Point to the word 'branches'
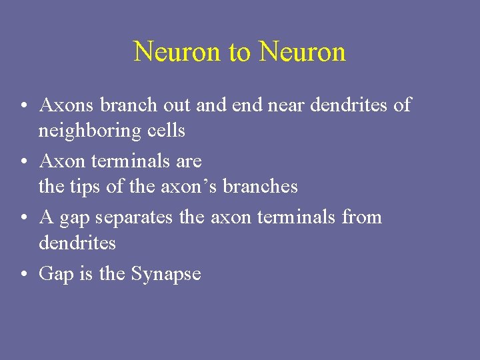click(260, 187)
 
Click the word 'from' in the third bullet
click(361, 217)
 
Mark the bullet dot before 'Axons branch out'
click(23, 105)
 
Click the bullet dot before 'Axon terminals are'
click(23, 161)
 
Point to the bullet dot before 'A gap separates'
click(23, 218)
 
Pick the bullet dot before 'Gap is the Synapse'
click(23, 275)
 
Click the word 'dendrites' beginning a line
click(77, 243)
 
